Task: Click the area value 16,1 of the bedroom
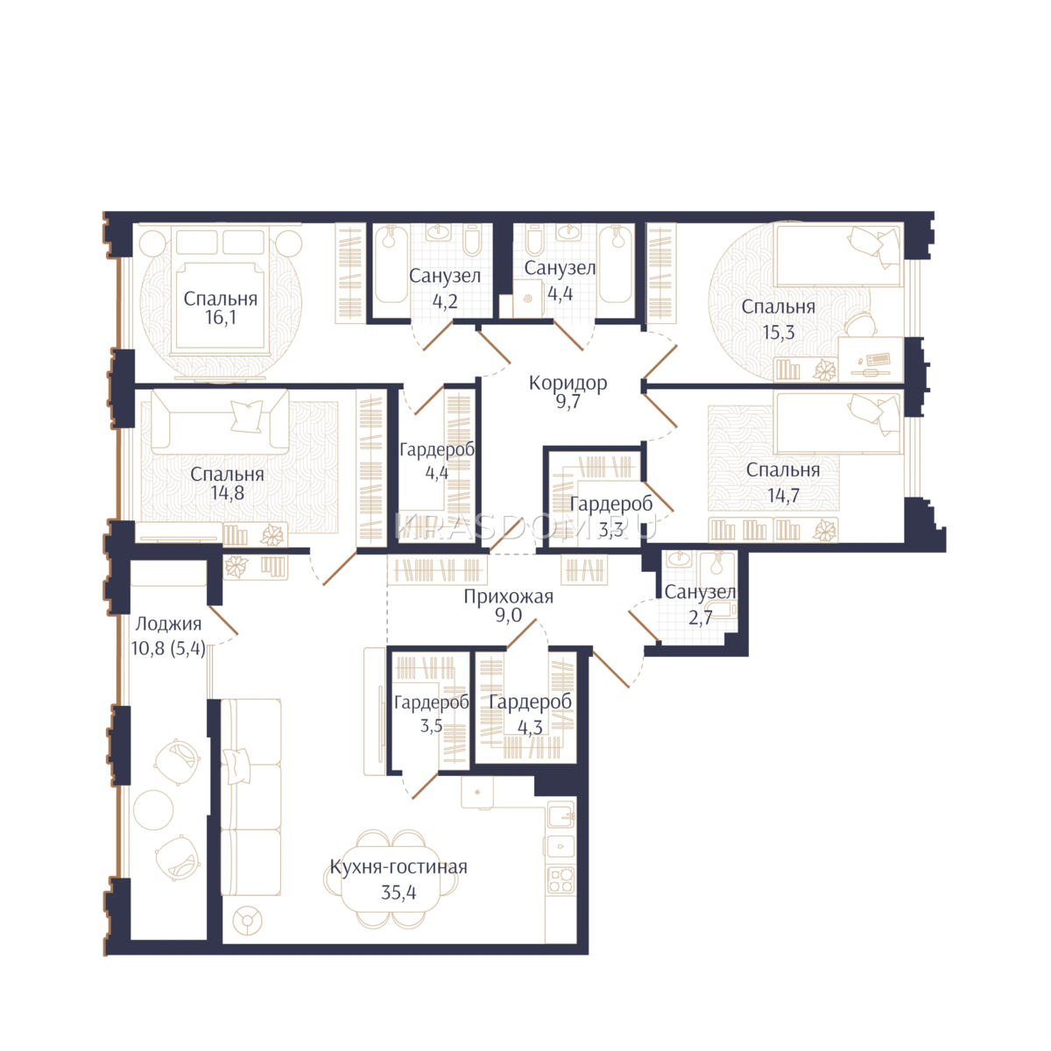[x=221, y=317]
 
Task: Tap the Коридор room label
[x=568, y=384]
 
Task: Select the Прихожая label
[x=508, y=597]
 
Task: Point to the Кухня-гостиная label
[x=399, y=867]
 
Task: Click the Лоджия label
[x=168, y=624]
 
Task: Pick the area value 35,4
[x=399, y=892]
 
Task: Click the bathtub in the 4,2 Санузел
[x=391, y=264]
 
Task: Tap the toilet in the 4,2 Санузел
[x=472, y=240]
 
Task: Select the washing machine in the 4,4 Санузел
[x=527, y=299]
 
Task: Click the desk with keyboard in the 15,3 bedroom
[x=870, y=359]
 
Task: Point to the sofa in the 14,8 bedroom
[x=220, y=421]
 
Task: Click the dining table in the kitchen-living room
[x=391, y=878]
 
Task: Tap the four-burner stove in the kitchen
[x=561, y=879]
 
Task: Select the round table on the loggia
[x=153, y=810]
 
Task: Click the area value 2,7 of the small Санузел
[x=700, y=618]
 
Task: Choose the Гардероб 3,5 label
[x=431, y=714]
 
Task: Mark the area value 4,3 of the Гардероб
[x=530, y=727]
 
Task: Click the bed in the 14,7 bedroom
[x=838, y=424]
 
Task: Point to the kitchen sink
[x=561, y=817]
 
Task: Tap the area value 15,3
[x=779, y=332]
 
